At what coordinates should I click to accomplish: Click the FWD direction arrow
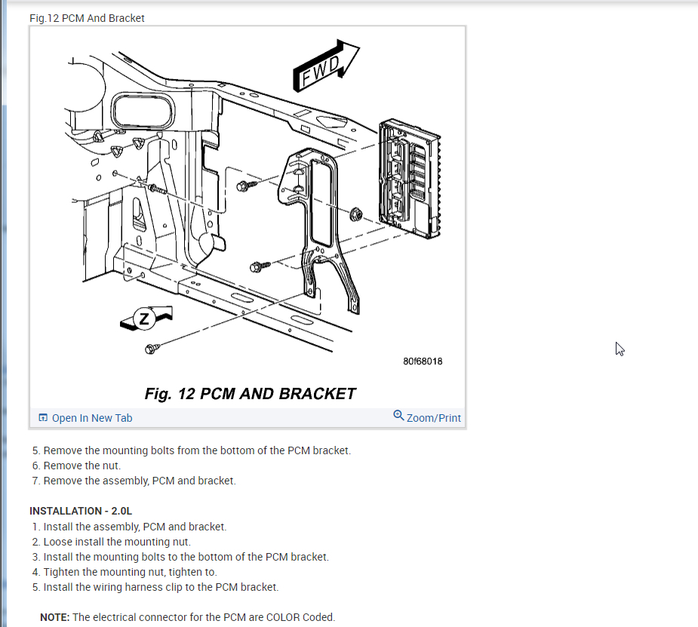pyautogui.click(x=326, y=66)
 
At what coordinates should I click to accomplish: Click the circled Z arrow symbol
pyautogui.click(x=146, y=319)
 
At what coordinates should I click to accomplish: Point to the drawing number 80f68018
pyautogui.click(x=423, y=361)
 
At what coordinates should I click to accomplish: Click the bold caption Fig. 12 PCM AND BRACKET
pyautogui.click(x=250, y=394)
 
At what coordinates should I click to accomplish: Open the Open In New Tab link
pyautogui.click(x=92, y=418)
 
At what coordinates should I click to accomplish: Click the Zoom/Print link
pyautogui.click(x=434, y=418)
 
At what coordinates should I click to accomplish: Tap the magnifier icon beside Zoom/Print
pyautogui.click(x=399, y=416)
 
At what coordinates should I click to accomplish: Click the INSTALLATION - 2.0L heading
pyautogui.click(x=81, y=511)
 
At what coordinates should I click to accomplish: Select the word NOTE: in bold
pyautogui.click(x=55, y=617)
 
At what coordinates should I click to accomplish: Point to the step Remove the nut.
pyautogui.click(x=81, y=466)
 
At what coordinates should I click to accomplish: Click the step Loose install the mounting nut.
pyautogui.click(x=117, y=542)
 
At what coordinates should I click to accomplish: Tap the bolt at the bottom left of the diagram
pyautogui.click(x=152, y=348)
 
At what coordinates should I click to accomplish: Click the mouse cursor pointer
pyautogui.click(x=620, y=348)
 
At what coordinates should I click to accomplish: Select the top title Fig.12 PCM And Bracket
pyautogui.click(x=87, y=17)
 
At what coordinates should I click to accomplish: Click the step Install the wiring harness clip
pyautogui.click(x=161, y=587)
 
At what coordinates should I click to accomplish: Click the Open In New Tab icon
pyautogui.click(x=43, y=418)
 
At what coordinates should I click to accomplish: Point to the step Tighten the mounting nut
pyautogui.click(x=130, y=572)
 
